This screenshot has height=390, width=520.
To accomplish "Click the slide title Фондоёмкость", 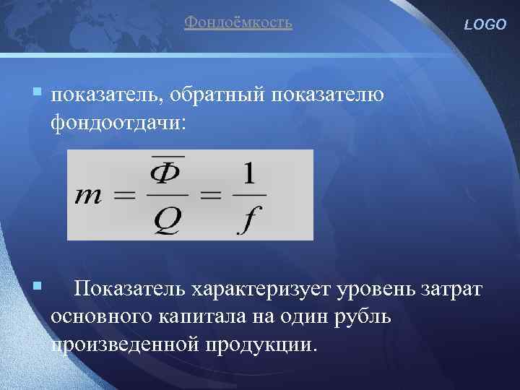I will click(238, 22).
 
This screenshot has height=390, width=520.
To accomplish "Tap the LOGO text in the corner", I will click(486, 25).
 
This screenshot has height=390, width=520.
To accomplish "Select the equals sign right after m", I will click(129, 196).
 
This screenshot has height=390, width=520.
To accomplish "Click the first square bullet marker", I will click(35, 92).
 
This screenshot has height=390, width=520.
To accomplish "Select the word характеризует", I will click(259, 290).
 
